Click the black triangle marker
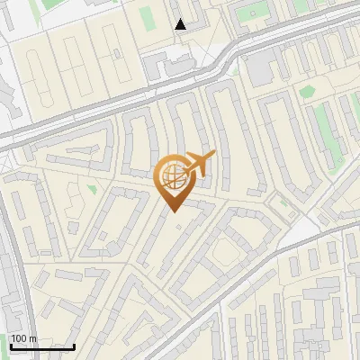pos(181,24)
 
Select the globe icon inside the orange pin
pos(173,176)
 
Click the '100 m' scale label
pos(24,338)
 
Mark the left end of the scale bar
pos(11,346)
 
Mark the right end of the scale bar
pos(74,346)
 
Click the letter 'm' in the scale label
pos(33,338)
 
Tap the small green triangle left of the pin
pos(91,189)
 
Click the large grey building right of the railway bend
pos(260,67)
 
